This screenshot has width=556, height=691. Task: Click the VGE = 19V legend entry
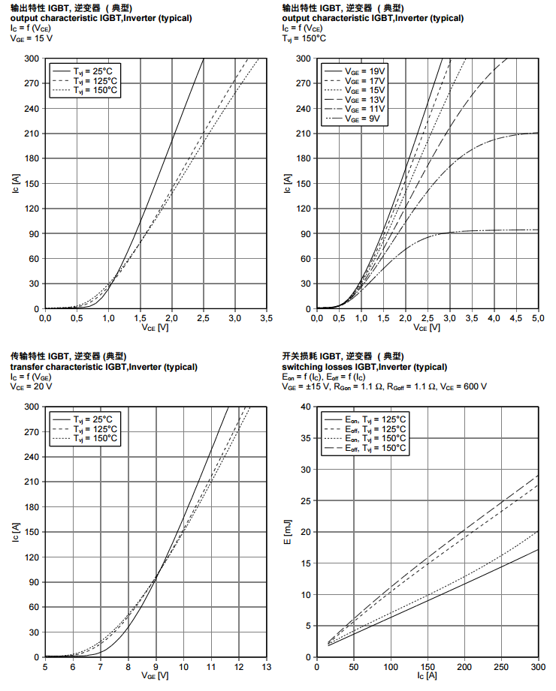click(364, 70)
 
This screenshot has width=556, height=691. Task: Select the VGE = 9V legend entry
click(364, 119)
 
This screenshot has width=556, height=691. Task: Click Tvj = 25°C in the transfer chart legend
click(95, 419)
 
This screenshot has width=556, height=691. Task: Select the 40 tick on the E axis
click(306, 407)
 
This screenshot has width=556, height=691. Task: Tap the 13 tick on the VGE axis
click(266, 666)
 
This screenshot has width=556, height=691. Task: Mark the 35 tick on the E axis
click(306, 438)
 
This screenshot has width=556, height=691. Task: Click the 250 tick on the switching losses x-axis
click(501, 666)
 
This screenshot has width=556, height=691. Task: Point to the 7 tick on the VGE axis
click(100, 666)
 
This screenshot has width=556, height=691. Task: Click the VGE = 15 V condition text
click(31, 38)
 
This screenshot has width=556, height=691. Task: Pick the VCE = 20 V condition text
click(31, 386)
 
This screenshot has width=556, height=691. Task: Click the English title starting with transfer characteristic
click(103, 367)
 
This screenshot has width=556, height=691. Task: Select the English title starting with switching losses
click(364, 367)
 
